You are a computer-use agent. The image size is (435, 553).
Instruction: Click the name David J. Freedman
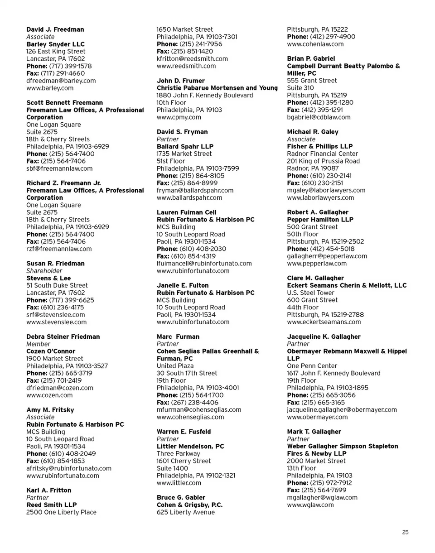click(x=55, y=29)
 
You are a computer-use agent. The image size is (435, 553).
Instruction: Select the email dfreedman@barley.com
click(x=61, y=81)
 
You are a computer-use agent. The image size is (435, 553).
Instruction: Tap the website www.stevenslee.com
click(x=57, y=322)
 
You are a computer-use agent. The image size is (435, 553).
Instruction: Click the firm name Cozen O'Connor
click(x=51, y=351)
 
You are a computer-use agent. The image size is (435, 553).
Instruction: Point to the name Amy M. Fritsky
click(x=50, y=410)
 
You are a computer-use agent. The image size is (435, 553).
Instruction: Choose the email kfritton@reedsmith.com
click(x=192, y=59)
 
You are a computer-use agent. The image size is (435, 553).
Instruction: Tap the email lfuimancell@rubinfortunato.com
click(x=204, y=264)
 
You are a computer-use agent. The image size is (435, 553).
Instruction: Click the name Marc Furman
click(x=178, y=337)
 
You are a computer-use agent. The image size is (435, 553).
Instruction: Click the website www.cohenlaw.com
click(x=315, y=44)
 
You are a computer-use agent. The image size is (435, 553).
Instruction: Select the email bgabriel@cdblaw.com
click(x=319, y=117)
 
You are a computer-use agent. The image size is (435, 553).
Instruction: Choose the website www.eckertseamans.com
click(x=324, y=322)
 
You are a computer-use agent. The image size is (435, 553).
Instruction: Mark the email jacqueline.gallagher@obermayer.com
click(x=342, y=410)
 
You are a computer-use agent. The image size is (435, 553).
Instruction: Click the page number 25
click(x=405, y=532)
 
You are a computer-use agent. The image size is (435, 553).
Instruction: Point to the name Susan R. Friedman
click(x=55, y=263)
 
